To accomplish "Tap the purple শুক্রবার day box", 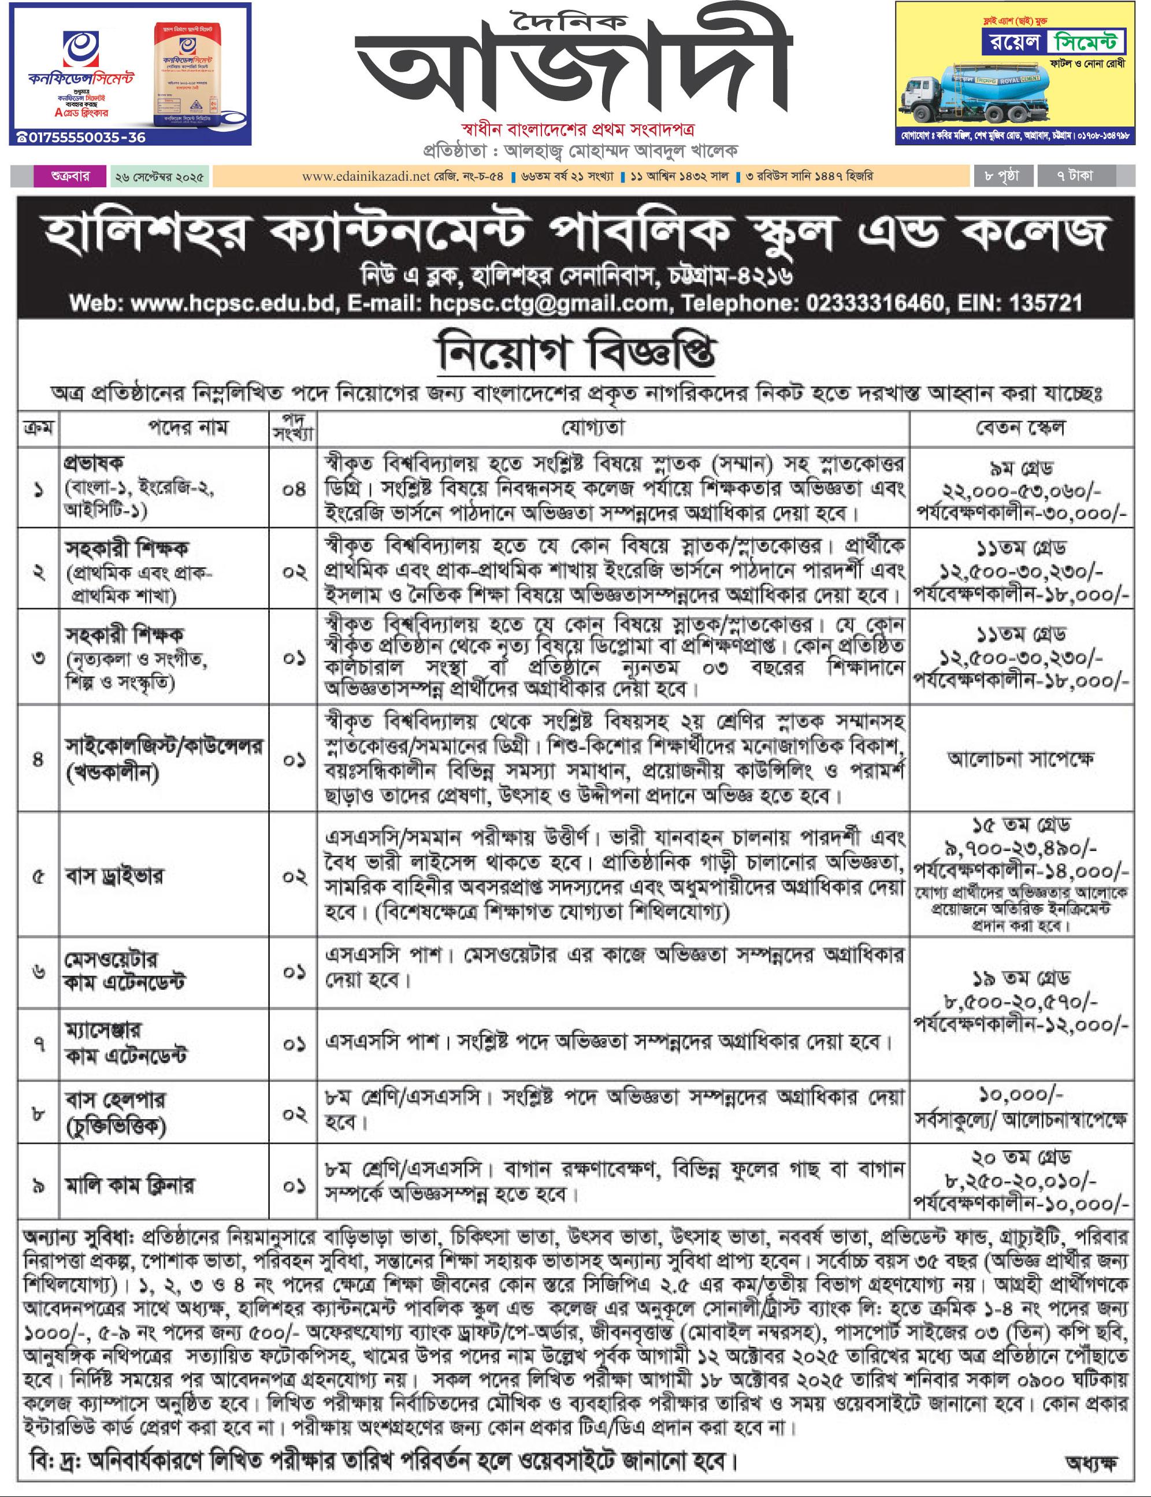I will [x=70, y=176].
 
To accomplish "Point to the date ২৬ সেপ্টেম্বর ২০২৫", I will [x=159, y=177].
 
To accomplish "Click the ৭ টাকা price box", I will [x=1075, y=176].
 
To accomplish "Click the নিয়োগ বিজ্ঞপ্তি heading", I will [x=575, y=354].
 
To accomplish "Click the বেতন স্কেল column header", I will [x=1020, y=428].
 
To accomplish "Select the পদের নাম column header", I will [x=188, y=428].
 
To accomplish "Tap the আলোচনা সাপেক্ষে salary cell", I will [x=1020, y=759].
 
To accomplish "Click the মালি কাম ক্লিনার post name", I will [x=130, y=1184].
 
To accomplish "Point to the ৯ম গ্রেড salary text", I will [x=1020, y=469].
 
